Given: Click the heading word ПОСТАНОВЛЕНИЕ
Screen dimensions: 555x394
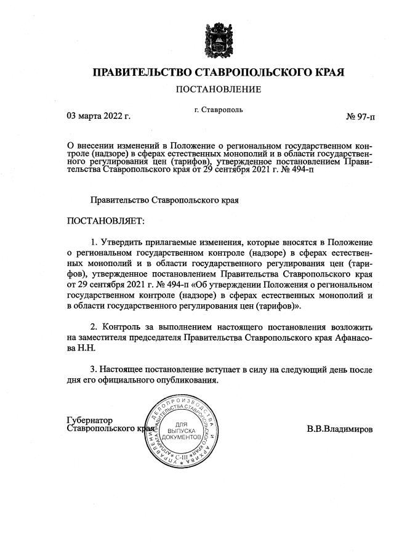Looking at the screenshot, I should click(219, 90).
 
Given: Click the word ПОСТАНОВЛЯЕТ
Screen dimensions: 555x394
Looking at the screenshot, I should click(104, 220).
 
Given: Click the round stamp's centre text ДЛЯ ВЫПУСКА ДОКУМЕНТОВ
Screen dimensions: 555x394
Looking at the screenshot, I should click(180, 431).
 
